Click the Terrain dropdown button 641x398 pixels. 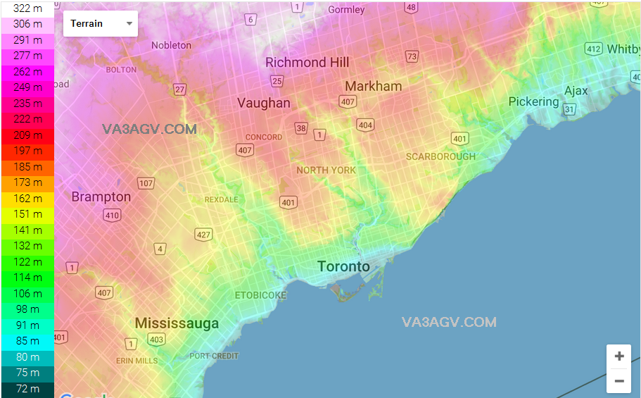click(101, 23)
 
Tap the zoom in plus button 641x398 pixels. click(619, 356)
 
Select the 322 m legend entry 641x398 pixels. click(27, 8)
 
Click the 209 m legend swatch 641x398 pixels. click(27, 135)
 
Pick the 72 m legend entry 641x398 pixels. click(27, 389)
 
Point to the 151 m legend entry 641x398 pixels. click(27, 214)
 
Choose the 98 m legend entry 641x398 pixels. click(27, 309)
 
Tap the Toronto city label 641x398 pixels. click(343, 266)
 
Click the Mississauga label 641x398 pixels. click(177, 323)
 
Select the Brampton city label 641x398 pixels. click(101, 197)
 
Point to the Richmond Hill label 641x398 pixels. click(307, 62)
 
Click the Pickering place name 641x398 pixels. click(533, 101)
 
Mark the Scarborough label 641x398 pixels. click(440, 156)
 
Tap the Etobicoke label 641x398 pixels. click(260, 295)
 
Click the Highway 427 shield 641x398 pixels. click(203, 235)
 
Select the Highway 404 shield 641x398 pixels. click(365, 125)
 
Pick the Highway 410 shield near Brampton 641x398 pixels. click(112, 216)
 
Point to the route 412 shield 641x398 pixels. click(594, 49)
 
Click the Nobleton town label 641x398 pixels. click(171, 45)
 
